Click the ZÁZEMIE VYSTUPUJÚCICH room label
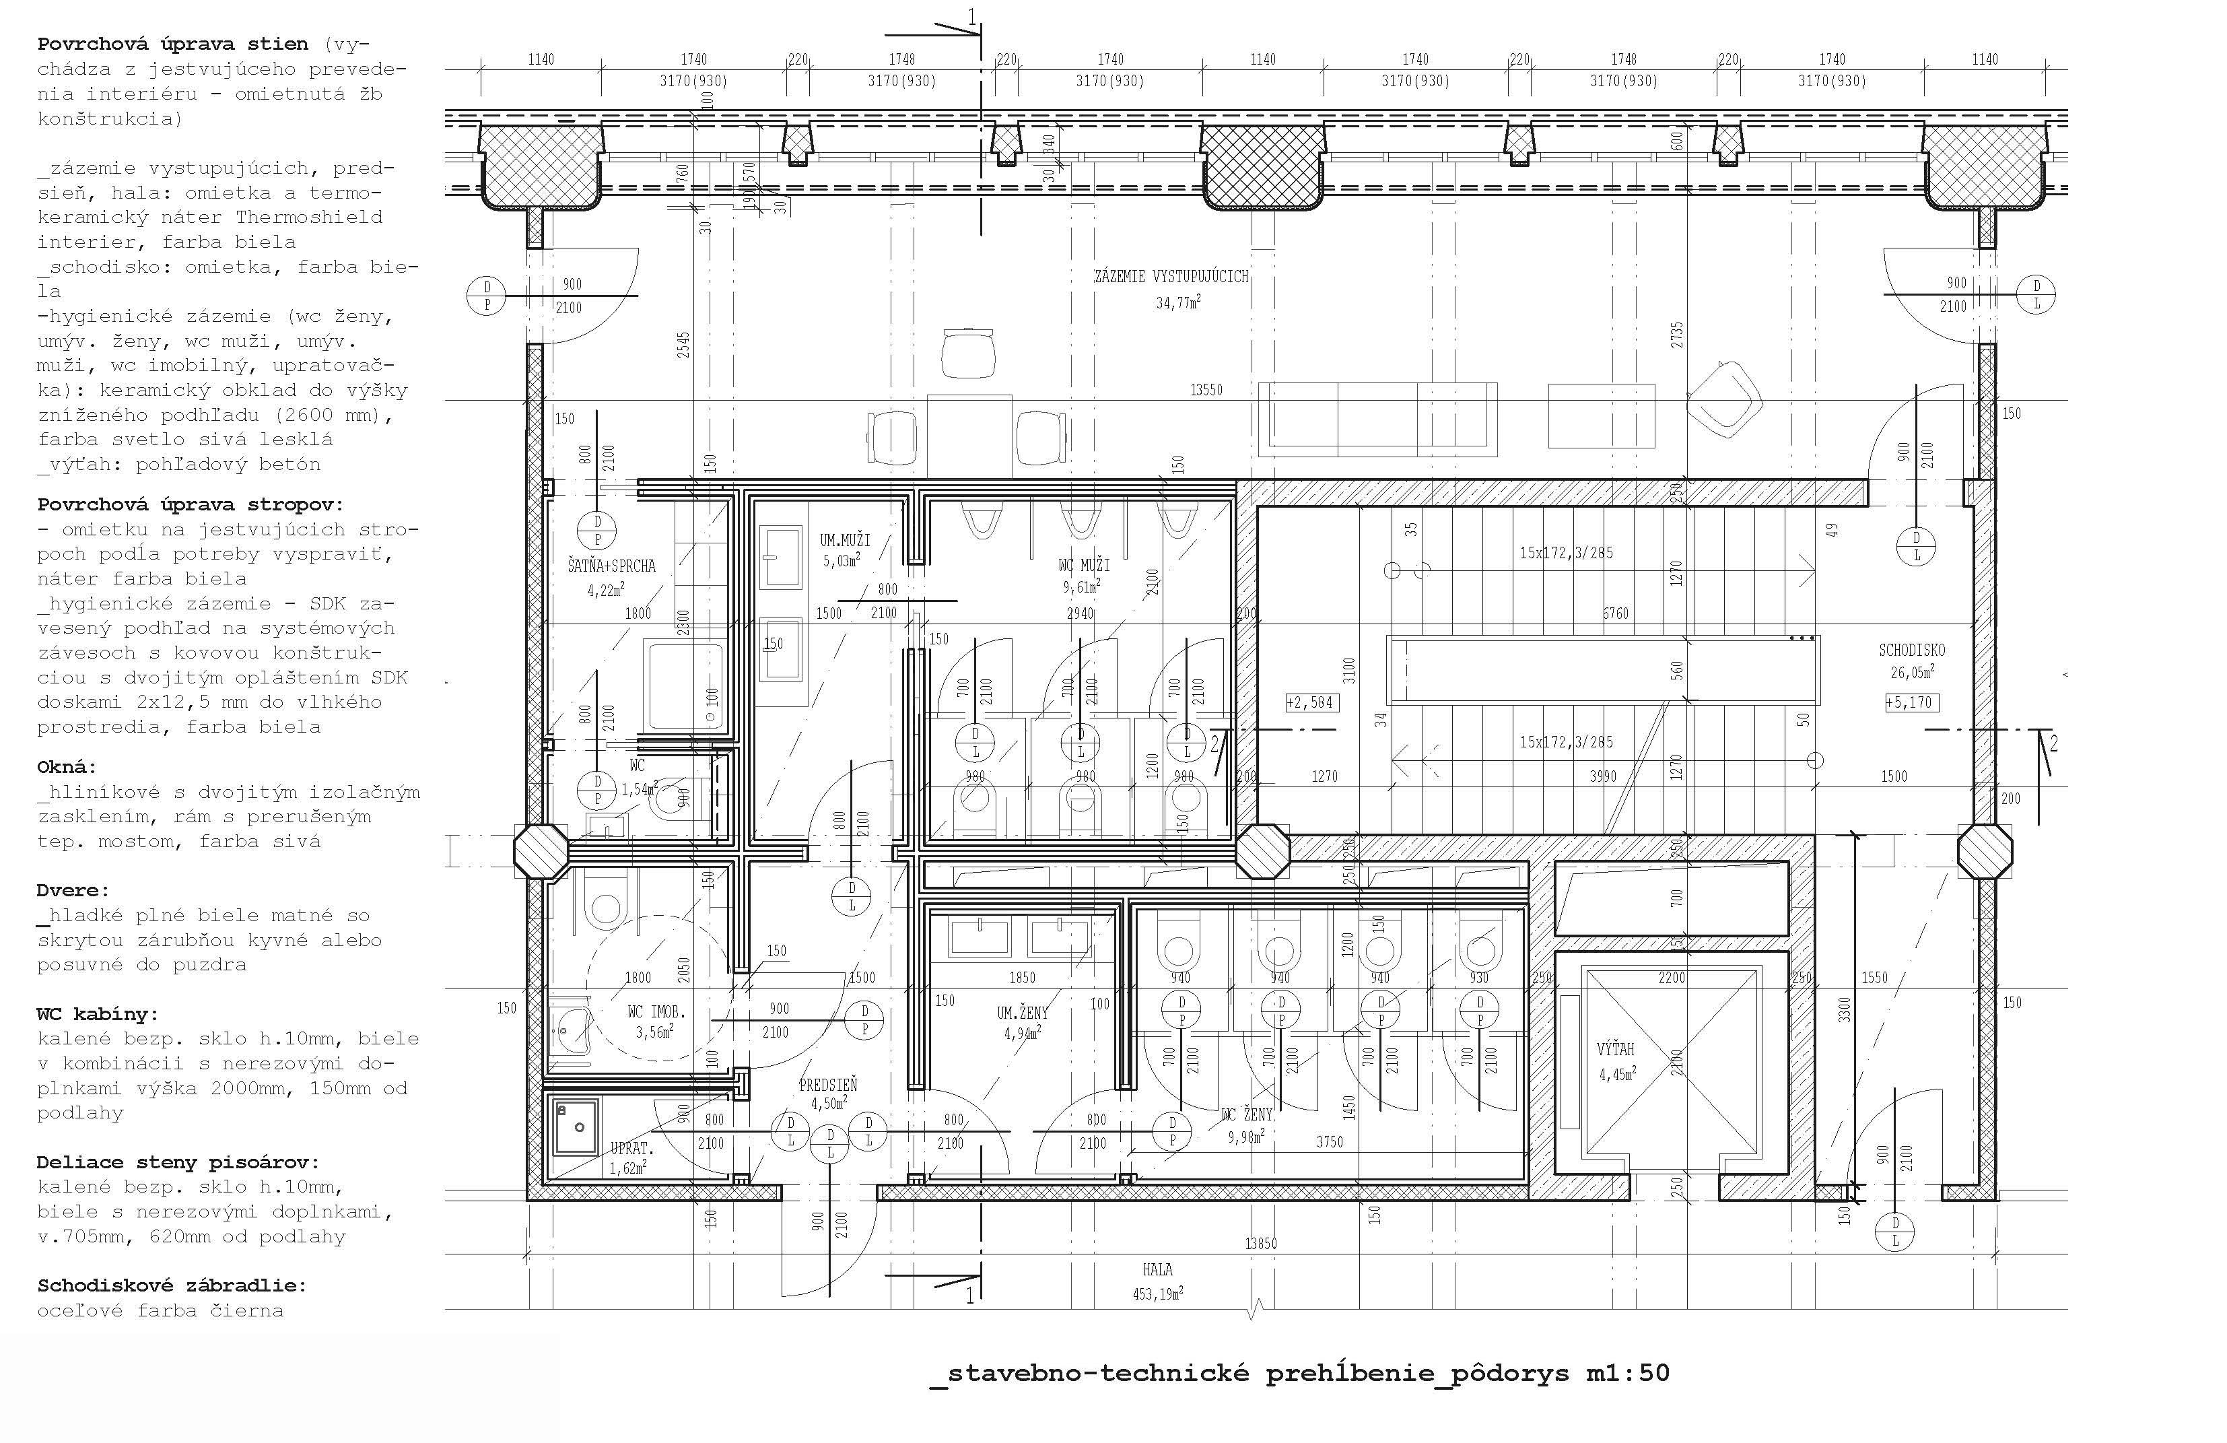(1171, 277)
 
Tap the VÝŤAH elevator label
(1616, 1049)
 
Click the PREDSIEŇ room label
(828, 1085)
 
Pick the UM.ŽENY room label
(1023, 1013)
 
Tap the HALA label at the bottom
(1157, 1270)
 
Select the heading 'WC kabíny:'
(98, 1014)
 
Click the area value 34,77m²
(1178, 302)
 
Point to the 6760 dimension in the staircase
(1616, 614)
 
